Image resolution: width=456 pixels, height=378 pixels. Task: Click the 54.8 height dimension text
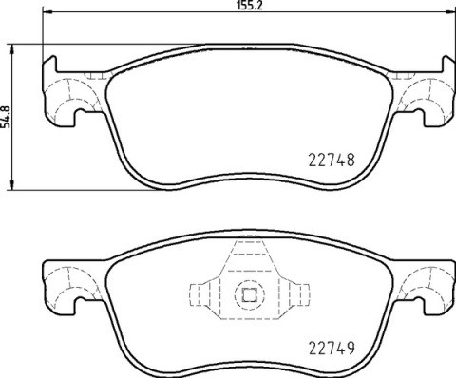[9, 116]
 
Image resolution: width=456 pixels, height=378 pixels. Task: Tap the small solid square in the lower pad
[250, 294]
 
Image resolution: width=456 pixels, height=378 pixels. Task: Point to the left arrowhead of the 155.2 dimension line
[48, 13]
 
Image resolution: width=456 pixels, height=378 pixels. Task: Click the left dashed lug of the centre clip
[202, 294]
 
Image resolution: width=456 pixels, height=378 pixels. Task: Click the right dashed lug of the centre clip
[297, 294]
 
